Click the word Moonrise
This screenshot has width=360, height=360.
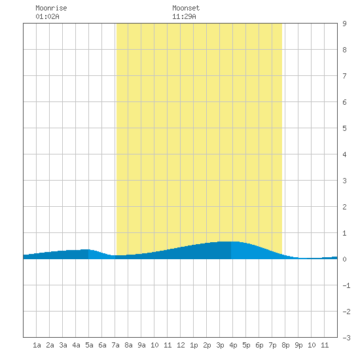click(x=51, y=8)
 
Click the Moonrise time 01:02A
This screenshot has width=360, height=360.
click(x=47, y=16)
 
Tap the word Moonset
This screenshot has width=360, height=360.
click(x=186, y=8)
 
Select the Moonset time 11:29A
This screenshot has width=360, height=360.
click(x=184, y=16)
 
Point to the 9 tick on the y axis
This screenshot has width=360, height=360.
click(x=344, y=24)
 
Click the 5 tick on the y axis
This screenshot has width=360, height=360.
click(x=344, y=128)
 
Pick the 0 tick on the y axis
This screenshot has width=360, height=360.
click(x=344, y=259)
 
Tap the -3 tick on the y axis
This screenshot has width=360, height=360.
click(x=346, y=338)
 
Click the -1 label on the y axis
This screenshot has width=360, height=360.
click(x=346, y=285)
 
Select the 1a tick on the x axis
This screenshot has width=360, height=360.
click(x=37, y=345)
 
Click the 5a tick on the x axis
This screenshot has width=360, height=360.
click(x=89, y=345)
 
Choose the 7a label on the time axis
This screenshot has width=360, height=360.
click(x=115, y=345)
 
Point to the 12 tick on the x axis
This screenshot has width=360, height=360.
click(x=181, y=345)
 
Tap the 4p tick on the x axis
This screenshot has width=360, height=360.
click(x=233, y=345)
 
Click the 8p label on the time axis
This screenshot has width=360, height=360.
click(x=285, y=345)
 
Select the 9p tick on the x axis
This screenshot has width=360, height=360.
click(x=298, y=345)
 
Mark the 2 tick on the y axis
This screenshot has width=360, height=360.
click(x=344, y=207)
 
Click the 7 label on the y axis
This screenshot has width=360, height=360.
click(x=344, y=76)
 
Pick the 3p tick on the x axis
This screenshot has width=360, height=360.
click(x=220, y=345)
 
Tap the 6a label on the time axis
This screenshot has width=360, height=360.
click(x=102, y=345)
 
